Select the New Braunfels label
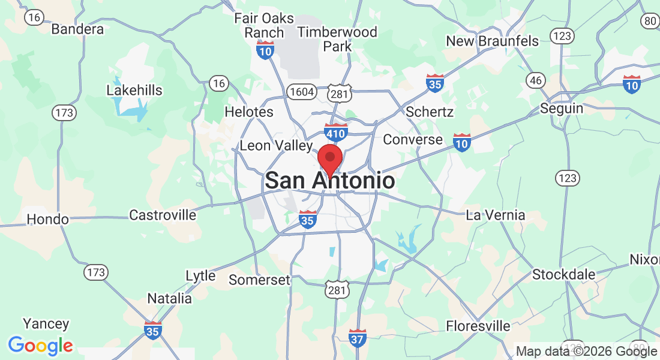coord(493,41)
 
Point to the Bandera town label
coord(77,29)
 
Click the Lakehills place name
coord(134,91)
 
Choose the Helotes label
coord(248,112)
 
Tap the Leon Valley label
coord(276,145)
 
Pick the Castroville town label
coord(163,215)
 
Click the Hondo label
coord(47,219)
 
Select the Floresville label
coord(478,326)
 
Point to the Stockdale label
coord(564,275)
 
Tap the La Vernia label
coord(496,215)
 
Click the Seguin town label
coord(562,109)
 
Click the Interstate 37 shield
coord(358,338)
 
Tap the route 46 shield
coord(535,80)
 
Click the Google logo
coord(41,346)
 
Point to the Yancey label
coord(46,324)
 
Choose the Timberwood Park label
coord(337,38)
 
